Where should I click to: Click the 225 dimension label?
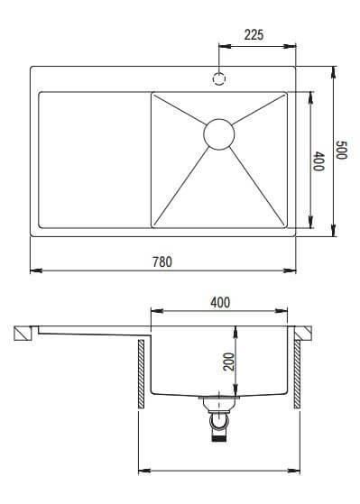[x=254, y=35]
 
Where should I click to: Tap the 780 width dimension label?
[x=162, y=261]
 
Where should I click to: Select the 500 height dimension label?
[x=341, y=150]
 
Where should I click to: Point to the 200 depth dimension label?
[x=229, y=362]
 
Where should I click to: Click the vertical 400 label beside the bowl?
[x=318, y=161]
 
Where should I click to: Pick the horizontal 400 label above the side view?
[x=220, y=302]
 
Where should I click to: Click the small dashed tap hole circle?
[x=219, y=78]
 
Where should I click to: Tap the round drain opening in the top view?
[x=219, y=134]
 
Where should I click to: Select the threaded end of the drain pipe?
[x=219, y=437]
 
